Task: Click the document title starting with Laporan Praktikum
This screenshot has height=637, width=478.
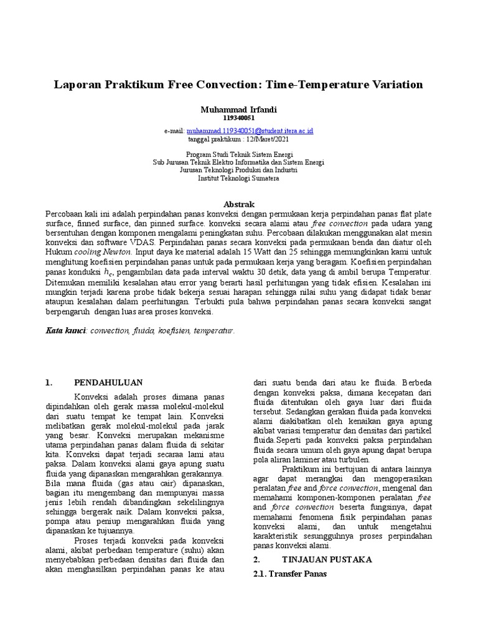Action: [238, 84]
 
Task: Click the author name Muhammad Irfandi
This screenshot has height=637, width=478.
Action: [238, 109]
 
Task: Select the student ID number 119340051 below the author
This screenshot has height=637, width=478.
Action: [238, 118]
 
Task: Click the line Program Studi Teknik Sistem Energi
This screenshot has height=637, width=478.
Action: [239, 154]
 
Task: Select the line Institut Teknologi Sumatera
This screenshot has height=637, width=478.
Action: [239, 178]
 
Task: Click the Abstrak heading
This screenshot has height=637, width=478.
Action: [239, 204]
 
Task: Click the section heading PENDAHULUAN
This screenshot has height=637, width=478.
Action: [108, 383]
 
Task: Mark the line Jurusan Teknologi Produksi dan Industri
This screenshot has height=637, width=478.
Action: [239, 170]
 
